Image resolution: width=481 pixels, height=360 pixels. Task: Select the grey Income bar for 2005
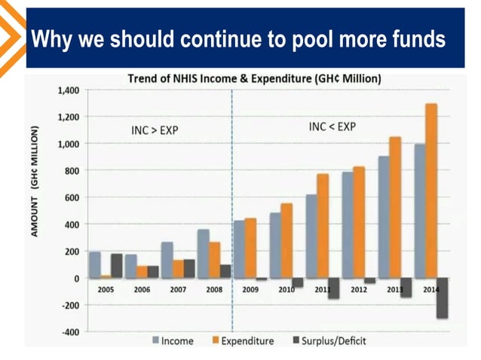coord(95,264)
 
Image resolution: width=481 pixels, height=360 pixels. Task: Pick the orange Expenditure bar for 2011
coord(323,226)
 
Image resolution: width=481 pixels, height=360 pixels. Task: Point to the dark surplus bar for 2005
coord(116,266)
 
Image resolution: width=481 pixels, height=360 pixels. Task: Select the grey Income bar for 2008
coord(204,254)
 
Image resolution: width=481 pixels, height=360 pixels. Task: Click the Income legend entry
coord(172,341)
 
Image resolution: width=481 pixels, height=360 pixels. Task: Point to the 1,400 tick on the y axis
coord(68,90)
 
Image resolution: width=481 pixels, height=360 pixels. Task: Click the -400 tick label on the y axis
coord(70,331)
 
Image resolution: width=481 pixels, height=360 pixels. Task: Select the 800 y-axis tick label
coord(72,171)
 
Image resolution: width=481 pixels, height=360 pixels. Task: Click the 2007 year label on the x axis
coord(178,288)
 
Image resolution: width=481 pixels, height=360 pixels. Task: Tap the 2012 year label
coord(359,288)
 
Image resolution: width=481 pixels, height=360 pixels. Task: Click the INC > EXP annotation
coord(155,131)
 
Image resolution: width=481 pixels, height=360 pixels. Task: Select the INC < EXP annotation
coord(332,127)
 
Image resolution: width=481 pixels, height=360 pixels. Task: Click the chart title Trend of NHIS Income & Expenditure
coord(254,78)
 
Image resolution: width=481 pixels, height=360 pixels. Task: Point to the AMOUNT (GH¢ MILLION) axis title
coord(35,182)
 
